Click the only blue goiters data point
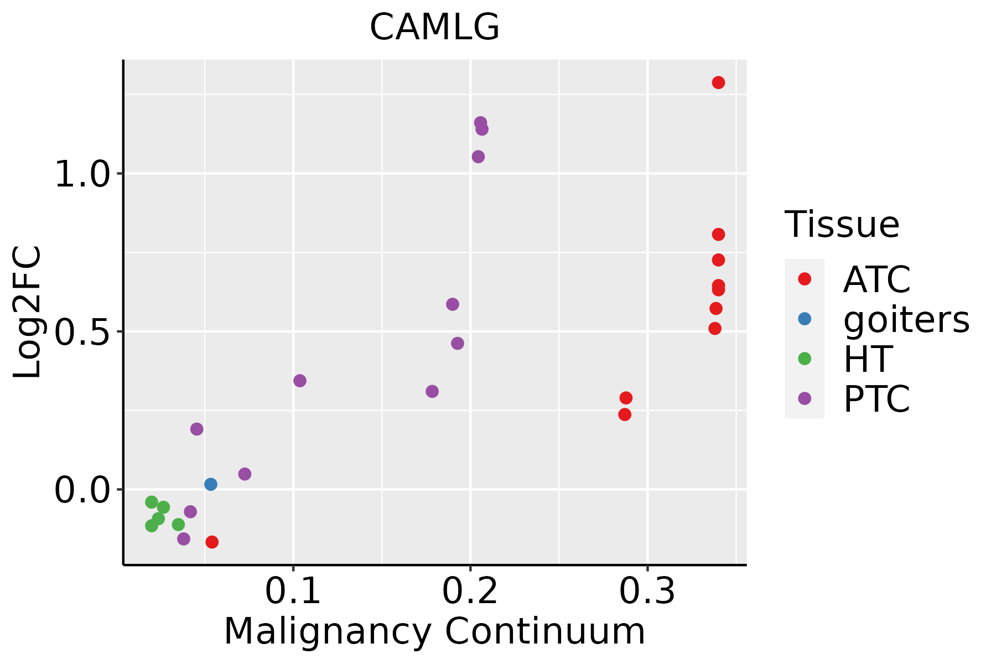(211, 484)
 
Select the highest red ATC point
(718, 82)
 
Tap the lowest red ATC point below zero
(212, 542)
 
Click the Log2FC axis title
(28, 312)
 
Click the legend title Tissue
(842, 225)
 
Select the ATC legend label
(876, 280)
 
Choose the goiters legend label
(906, 320)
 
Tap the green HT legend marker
(805, 359)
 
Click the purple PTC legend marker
(805, 398)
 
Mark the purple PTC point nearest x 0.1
(300, 381)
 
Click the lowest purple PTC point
(184, 538)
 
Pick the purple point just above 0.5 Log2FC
(453, 304)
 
